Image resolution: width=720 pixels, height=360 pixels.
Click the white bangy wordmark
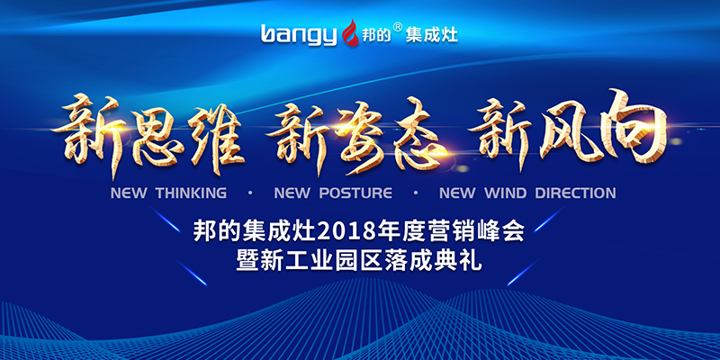[299, 35]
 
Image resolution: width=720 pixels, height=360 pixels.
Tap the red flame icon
[351, 32]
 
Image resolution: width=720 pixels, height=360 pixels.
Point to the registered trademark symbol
[398, 27]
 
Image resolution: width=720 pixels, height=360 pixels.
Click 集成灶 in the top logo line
[432, 34]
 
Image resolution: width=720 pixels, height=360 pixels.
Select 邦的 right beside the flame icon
[376, 35]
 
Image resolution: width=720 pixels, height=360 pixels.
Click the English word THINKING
[191, 193]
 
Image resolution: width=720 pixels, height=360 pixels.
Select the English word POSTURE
[355, 193]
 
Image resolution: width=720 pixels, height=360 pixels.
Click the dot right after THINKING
[250, 193]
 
